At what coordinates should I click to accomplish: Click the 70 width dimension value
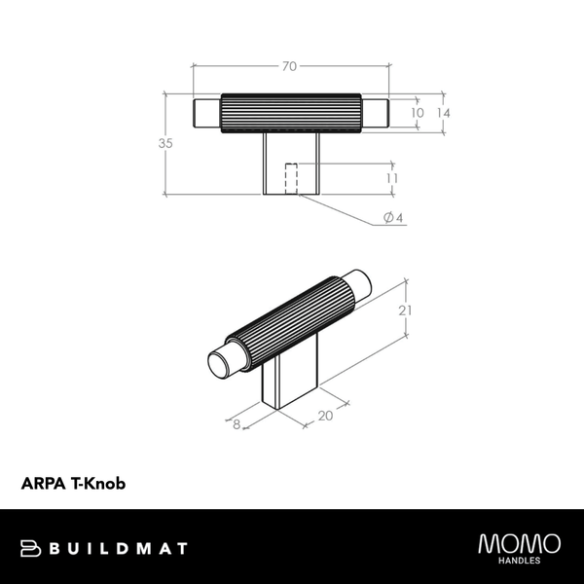click(289, 66)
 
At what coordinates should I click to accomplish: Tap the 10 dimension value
click(418, 113)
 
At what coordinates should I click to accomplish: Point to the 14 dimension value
click(444, 113)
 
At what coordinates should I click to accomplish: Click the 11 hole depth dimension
click(392, 179)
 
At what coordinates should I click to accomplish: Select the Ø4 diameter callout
click(394, 218)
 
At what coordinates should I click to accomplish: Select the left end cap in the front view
click(208, 113)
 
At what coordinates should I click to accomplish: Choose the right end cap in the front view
click(377, 113)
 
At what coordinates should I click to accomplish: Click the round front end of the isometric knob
click(221, 365)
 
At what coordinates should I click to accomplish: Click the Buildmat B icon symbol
click(29, 549)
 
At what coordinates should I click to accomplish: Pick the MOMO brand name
click(519, 542)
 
